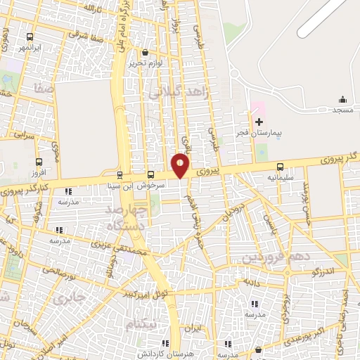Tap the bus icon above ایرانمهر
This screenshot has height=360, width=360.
click(30, 37)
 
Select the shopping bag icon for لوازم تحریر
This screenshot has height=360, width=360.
click(145, 52)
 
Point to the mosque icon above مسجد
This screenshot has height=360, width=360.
click(342, 99)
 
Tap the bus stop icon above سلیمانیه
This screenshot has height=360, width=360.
click(281, 167)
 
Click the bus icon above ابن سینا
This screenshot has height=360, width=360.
click(119, 175)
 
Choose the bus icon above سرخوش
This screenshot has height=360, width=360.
click(150, 175)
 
